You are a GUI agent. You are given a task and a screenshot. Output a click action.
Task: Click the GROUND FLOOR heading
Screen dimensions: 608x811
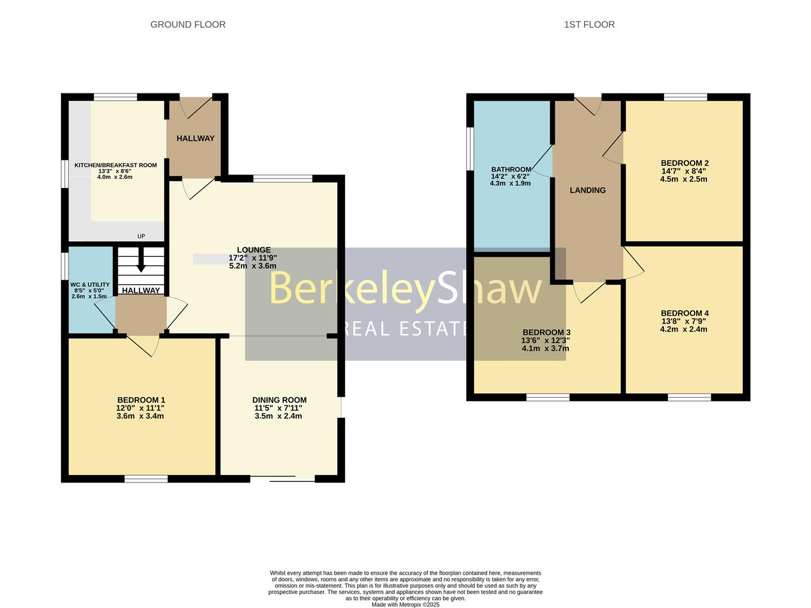[188, 25]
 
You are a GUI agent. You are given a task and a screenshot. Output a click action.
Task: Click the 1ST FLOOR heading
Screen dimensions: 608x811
[589, 25]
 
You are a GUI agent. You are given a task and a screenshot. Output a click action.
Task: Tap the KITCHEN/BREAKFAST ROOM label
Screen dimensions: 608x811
[115, 165]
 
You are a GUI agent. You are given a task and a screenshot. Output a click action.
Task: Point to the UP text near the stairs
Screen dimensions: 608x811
[141, 236]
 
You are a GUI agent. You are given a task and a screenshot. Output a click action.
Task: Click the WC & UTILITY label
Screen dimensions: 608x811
[90, 285]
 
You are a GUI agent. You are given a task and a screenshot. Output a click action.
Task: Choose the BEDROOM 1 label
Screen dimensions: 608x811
[141, 400]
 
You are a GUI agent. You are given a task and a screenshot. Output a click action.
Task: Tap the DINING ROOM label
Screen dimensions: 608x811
[279, 400]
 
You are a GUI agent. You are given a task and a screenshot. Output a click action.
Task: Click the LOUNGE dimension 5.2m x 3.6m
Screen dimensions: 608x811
[253, 266]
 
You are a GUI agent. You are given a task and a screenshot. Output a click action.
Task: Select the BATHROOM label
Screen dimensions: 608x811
[511, 169]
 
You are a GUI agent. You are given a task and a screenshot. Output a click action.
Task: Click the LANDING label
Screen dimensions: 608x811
[587, 190]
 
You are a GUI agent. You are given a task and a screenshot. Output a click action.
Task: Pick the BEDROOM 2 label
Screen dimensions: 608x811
[684, 163]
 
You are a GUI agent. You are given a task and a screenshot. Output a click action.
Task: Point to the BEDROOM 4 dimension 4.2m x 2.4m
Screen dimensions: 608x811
[684, 329]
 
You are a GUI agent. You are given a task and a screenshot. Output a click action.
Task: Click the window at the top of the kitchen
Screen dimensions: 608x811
[115, 97]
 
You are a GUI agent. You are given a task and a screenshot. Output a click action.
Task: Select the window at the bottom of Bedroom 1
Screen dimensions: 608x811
[146, 479]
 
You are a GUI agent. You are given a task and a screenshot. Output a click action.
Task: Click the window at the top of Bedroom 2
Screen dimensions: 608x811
[685, 97]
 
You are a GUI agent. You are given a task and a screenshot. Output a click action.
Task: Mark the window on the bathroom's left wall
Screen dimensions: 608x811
[470, 148]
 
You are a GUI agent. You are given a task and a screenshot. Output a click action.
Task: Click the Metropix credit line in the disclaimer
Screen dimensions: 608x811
[405, 605]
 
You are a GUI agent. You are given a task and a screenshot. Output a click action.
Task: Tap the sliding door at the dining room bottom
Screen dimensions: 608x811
[282, 479]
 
